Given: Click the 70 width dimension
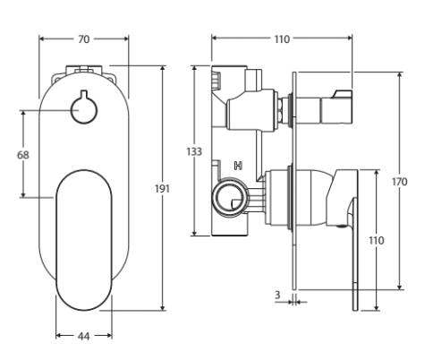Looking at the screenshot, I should coord(84,39).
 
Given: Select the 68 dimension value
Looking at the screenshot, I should coord(24,154).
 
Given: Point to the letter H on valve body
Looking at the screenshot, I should coord(237,166).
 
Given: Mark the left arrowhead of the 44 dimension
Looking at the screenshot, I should coord(57,335).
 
